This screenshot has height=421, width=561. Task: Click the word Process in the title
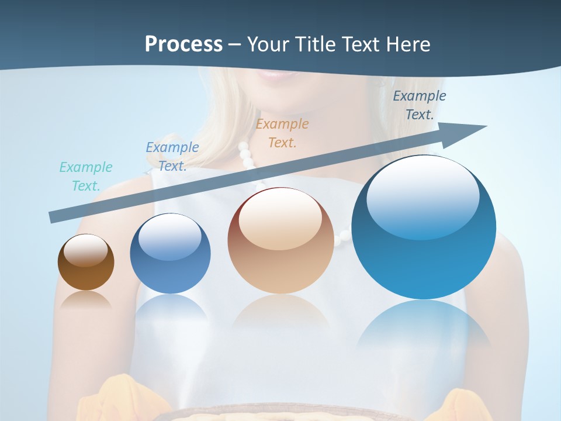(183, 44)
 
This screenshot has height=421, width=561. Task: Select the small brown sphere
(86, 263)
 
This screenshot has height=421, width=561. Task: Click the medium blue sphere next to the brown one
(170, 254)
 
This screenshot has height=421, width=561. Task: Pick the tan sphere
(280, 240)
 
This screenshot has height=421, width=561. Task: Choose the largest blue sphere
(424, 227)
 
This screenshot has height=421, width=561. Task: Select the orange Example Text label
(282, 133)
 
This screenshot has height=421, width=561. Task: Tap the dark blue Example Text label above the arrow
(419, 105)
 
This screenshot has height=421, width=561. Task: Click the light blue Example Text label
(172, 156)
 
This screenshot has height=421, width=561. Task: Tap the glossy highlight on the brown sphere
(85, 250)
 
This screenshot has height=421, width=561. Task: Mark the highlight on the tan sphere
(280, 220)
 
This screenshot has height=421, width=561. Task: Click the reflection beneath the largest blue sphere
(424, 327)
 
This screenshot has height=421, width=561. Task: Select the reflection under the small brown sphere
(86, 299)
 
